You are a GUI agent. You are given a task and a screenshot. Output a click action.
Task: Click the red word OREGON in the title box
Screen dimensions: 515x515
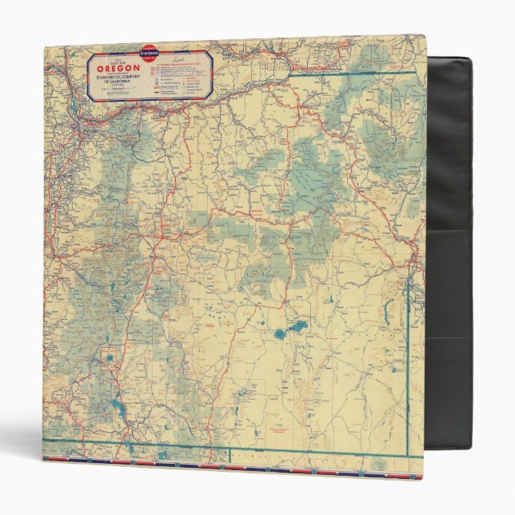click(x=119, y=69)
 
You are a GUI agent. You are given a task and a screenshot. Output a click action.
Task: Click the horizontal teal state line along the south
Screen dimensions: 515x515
click(x=240, y=445)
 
